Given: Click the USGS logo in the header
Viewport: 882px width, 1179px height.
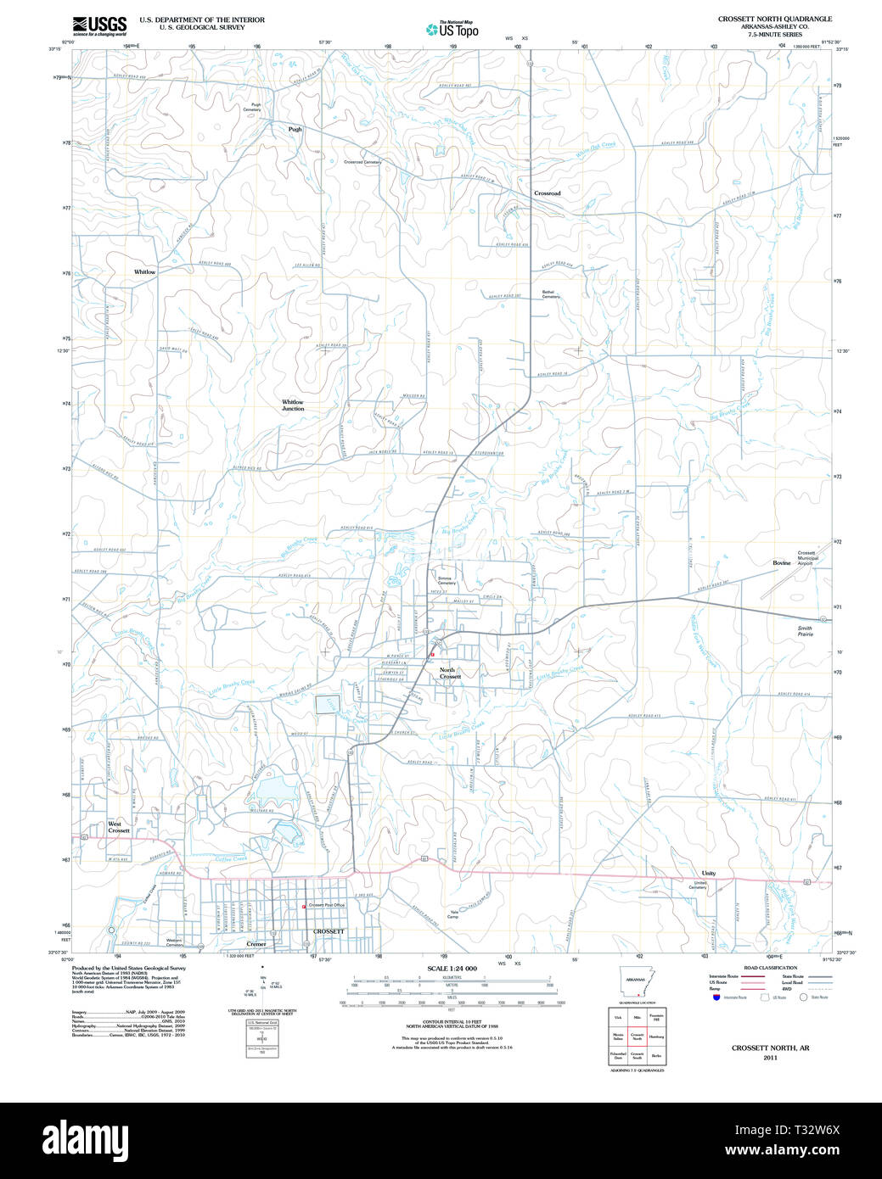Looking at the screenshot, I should (x=99, y=25).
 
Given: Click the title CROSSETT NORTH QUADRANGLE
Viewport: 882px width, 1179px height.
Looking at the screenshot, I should (x=775, y=19).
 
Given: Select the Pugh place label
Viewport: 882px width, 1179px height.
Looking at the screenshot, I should (x=295, y=130).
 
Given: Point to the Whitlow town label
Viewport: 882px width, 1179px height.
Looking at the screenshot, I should (x=145, y=272).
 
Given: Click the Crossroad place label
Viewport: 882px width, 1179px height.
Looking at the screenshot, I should (x=548, y=193).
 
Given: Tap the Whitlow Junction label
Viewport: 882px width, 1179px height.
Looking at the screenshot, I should (x=293, y=405).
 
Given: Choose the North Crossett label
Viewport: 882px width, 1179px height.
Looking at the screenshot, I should (x=450, y=673).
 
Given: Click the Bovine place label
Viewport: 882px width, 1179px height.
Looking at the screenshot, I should (x=781, y=563).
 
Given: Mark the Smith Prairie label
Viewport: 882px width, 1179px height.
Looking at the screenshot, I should (x=805, y=631).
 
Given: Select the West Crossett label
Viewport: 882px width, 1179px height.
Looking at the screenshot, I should (x=119, y=827).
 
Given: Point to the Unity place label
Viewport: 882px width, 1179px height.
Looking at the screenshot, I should (x=709, y=874).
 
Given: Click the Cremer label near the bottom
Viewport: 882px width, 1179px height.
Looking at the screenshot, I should (x=256, y=944).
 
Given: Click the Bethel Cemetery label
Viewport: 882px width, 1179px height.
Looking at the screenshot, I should (x=551, y=294).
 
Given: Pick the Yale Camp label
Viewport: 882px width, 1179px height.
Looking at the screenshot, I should (x=453, y=914).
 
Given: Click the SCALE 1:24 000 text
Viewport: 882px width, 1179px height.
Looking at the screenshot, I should (x=452, y=969).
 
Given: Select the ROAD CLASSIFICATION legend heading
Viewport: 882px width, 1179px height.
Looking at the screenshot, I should (x=770, y=968).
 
